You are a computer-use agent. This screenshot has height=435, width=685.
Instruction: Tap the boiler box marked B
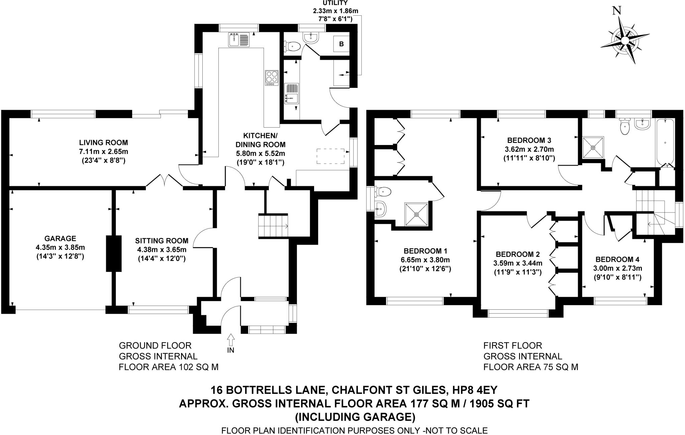pyautogui.click(x=341, y=44)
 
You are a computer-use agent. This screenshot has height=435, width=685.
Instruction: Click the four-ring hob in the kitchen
pyautogui.click(x=272, y=78)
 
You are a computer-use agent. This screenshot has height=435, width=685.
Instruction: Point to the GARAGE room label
pyautogui.click(x=60, y=239)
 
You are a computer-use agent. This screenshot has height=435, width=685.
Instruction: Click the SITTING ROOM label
pyautogui.click(x=162, y=241)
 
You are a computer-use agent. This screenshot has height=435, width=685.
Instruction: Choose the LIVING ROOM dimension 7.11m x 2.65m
pyautogui.click(x=103, y=151)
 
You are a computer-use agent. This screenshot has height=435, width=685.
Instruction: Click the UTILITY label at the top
pyautogui.click(x=335, y=3)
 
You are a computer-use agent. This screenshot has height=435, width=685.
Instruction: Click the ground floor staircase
pyautogui.click(x=273, y=226)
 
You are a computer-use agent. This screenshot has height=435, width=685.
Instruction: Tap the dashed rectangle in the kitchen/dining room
pyautogui.click(x=330, y=156)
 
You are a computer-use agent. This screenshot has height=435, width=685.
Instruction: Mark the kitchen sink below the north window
pyautogui.click(x=239, y=39)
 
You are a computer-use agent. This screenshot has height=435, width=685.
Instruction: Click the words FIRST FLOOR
pyautogui.click(x=512, y=345)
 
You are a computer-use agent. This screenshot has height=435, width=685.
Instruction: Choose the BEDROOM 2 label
pyautogui.click(x=518, y=254)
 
